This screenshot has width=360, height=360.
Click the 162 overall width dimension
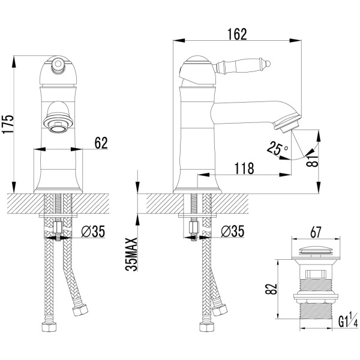tap(237, 34)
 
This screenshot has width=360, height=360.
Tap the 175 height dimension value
tap(8, 124)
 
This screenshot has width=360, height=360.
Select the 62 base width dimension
tap(101, 143)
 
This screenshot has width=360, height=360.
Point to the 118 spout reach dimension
tap(244, 168)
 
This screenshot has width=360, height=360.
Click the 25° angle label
tap(278, 148)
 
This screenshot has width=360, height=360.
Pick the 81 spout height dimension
tap(313, 160)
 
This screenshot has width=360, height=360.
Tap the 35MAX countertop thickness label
tap(131, 254)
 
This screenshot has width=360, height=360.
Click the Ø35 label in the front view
tap(93, 231)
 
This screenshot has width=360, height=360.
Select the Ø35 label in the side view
tap(232, 231)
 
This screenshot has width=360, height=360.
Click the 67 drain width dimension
tap(316, 232)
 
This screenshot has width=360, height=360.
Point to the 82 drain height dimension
tap(271, 289)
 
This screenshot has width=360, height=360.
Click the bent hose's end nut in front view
tap(80, 310)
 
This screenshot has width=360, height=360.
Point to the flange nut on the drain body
tap(316, 297)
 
